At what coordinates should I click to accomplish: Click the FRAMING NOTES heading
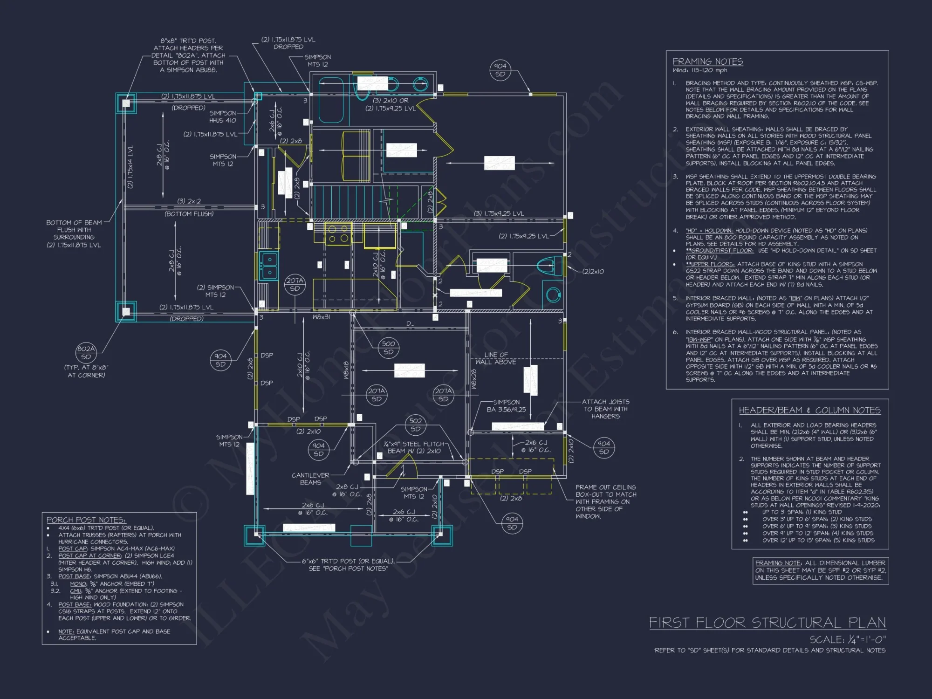(707, 62)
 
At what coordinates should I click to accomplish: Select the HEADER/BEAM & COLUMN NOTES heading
(809, 410)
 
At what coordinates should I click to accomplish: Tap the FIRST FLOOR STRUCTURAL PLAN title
(768, 623)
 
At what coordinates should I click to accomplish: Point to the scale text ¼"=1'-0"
(847, 639)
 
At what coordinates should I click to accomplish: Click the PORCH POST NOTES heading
(86, 520)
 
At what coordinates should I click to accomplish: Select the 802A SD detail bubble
(86, 353)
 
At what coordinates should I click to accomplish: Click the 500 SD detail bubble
(388, 348)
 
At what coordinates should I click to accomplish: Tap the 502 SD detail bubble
(415, 425)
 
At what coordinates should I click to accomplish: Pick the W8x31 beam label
(321, 317)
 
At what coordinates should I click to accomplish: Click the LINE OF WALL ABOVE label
(496, 358)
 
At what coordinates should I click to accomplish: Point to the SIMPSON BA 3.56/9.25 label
(506, 406)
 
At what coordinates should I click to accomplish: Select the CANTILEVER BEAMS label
(310, 479)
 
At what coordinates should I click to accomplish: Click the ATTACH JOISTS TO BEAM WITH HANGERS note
(605, 409)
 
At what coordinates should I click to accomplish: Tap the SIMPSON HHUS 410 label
(223, 116)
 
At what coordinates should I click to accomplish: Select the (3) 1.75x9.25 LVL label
(499, 213)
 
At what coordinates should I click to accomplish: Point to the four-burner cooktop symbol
(339, 233)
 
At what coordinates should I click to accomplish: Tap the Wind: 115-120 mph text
(699, 70)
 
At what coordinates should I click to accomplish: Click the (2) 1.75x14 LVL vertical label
(130, 166)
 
